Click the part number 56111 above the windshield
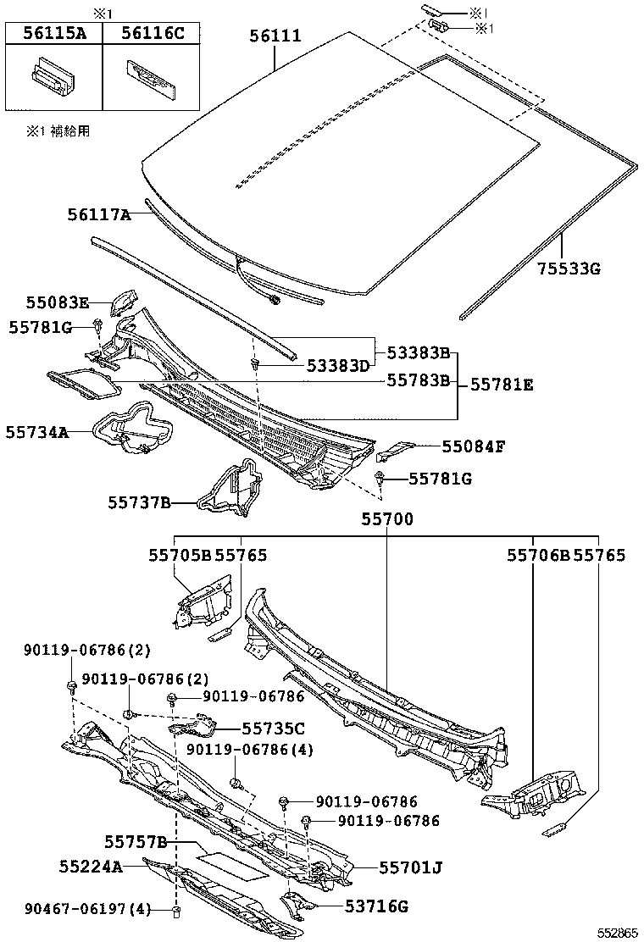[x=275, y=36]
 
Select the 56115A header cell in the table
[x=54, y=33]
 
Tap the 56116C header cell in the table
[x=152, y=33]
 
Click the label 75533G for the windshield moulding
[x=569, y=269]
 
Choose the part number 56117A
[x=99, y=215]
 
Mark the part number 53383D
[x=338, y=365]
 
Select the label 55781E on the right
[x=502, y=385]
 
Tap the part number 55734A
[x=36, y=432]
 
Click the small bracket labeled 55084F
[x=395, y=448]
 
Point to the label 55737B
[x=140, y=503]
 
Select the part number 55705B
[x=180, y=556]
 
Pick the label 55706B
[x=539, y=556]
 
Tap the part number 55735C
[x=273, y=728]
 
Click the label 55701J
[x=409, y=867]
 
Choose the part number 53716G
[x=376, y=906]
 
